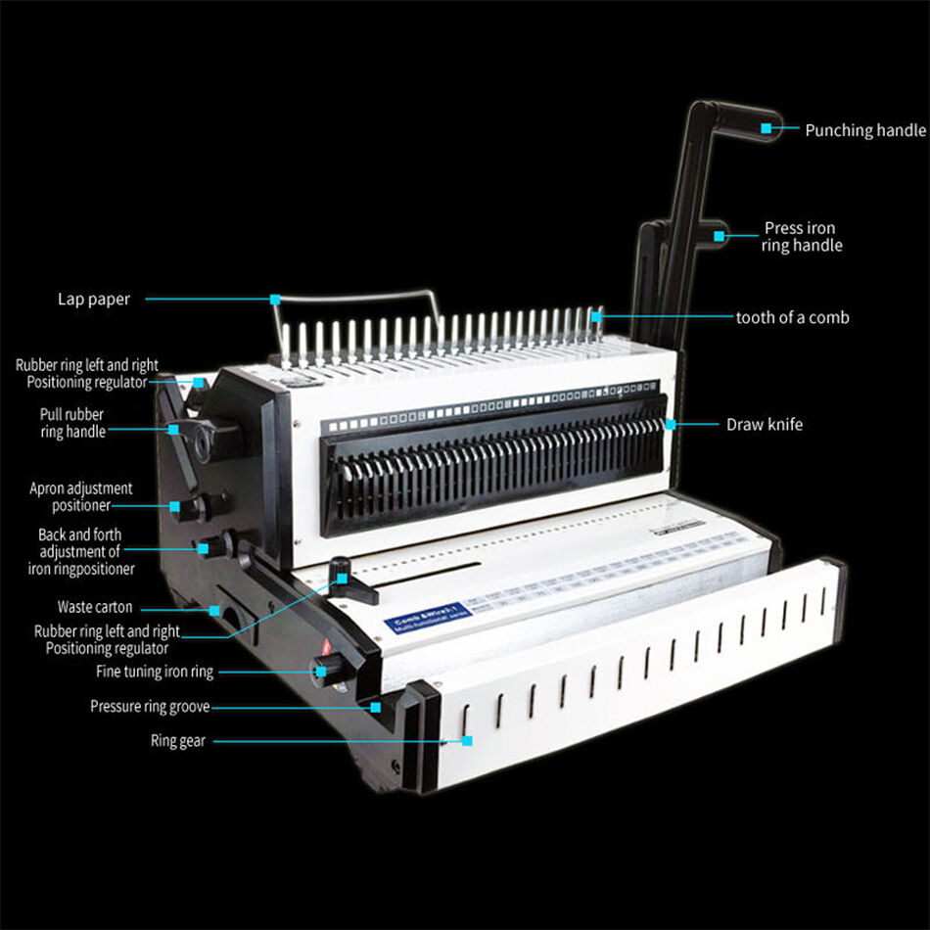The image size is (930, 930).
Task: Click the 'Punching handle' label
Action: click(864, 130)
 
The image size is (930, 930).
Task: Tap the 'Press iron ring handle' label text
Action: click(801, 237)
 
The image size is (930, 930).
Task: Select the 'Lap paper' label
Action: click(93, 300)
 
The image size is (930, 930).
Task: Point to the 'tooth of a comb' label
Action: click(792, 317)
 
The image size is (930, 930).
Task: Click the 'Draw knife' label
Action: click(764, 425)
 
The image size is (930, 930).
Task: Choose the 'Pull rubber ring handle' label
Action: click(71, 423)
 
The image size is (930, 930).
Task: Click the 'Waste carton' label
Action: click(94, 607)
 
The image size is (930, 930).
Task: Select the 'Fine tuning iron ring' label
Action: click(154, 672)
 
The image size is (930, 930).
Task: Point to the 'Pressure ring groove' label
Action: click(149, 707)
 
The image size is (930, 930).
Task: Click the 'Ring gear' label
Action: click(177, 741)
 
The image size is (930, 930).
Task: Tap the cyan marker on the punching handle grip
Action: click(767, 128)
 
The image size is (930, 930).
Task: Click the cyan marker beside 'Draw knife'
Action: click(671, 425)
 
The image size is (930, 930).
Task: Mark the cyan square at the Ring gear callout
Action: click(467, 741)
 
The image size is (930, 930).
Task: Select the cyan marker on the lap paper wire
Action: click(275, 299)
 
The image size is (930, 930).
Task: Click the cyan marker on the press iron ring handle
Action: click(720, 236)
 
